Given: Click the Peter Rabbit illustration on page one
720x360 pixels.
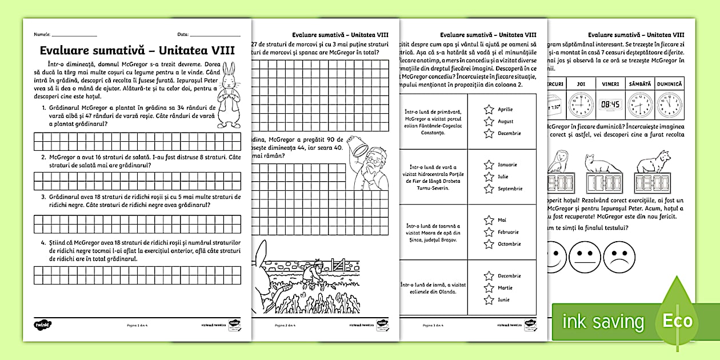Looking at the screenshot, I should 229,95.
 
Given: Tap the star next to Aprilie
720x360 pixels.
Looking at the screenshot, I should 489,109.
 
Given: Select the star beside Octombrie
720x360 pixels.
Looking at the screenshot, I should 489,244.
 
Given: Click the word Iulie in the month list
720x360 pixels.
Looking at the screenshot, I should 503,177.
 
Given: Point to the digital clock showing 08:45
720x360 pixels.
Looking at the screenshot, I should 610,105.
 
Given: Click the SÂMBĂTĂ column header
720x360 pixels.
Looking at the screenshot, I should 640,83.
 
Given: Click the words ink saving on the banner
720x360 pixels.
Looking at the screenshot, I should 603,321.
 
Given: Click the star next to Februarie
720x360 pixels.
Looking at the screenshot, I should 489,232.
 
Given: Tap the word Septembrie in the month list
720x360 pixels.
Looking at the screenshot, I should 510,189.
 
